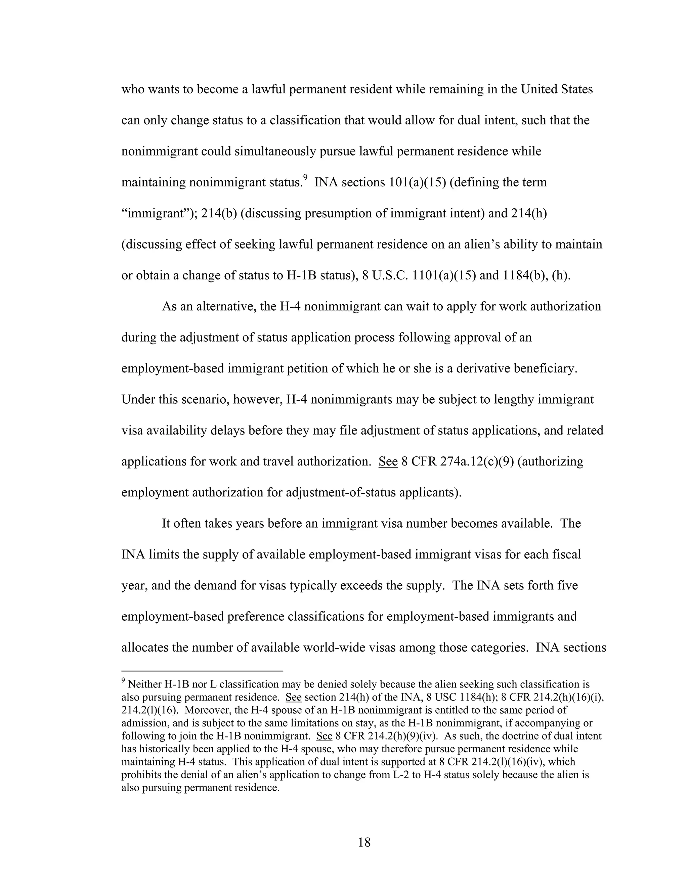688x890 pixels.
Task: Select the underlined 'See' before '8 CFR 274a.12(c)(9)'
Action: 388,461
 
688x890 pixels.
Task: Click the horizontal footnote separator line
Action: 202,670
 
